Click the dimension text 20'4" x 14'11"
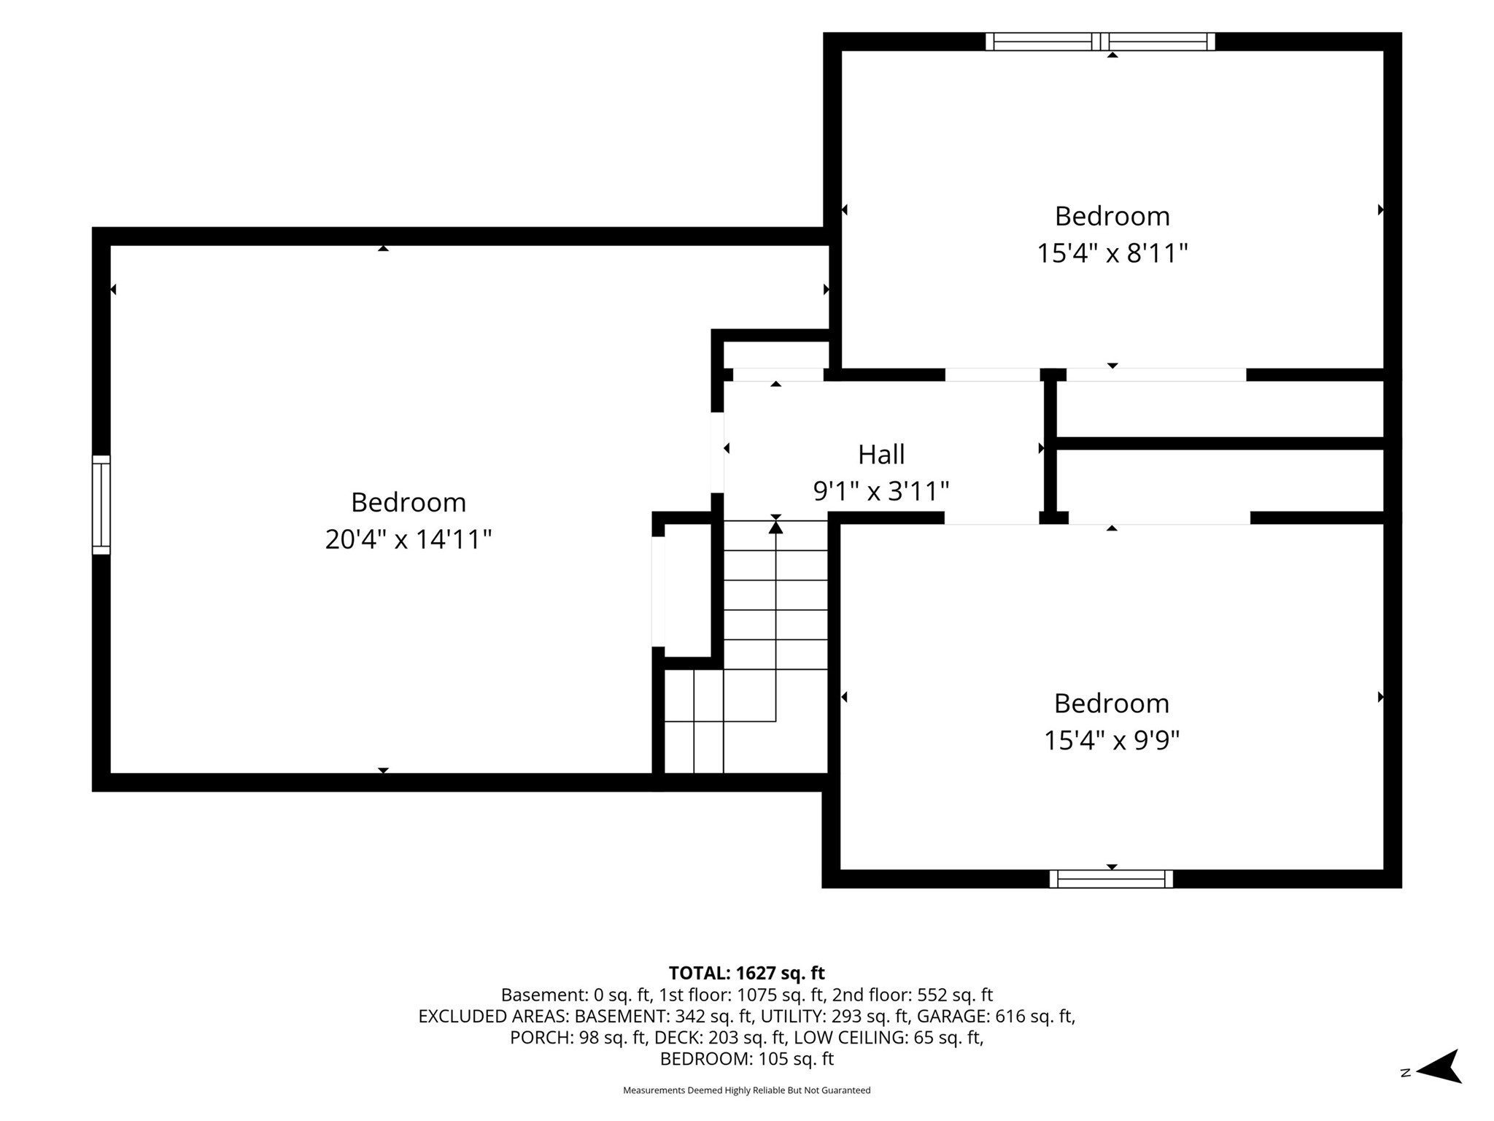click(x=409, y=540)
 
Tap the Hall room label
click(x=881, y=454)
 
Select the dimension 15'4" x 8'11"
click(x=1112, y=253)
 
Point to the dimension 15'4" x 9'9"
click(x=1112, y=741)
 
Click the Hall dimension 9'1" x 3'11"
click(x=881, y=491)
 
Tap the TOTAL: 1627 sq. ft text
click(x=747, y=973)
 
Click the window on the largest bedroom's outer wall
click(x=101, y=505)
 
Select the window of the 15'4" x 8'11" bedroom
click(x=1100, y=42)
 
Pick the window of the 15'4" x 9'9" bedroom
click(x=1111, y=879)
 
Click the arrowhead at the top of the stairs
click(x=775, y=525)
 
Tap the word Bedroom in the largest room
click(x=409, y=502)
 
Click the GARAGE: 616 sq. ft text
click(x=996, y=1016)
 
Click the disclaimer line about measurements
click(x=747, y=1090)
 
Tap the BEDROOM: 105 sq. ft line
click(x=747, y=1059)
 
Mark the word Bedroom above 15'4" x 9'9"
click(x=1112, y=704)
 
